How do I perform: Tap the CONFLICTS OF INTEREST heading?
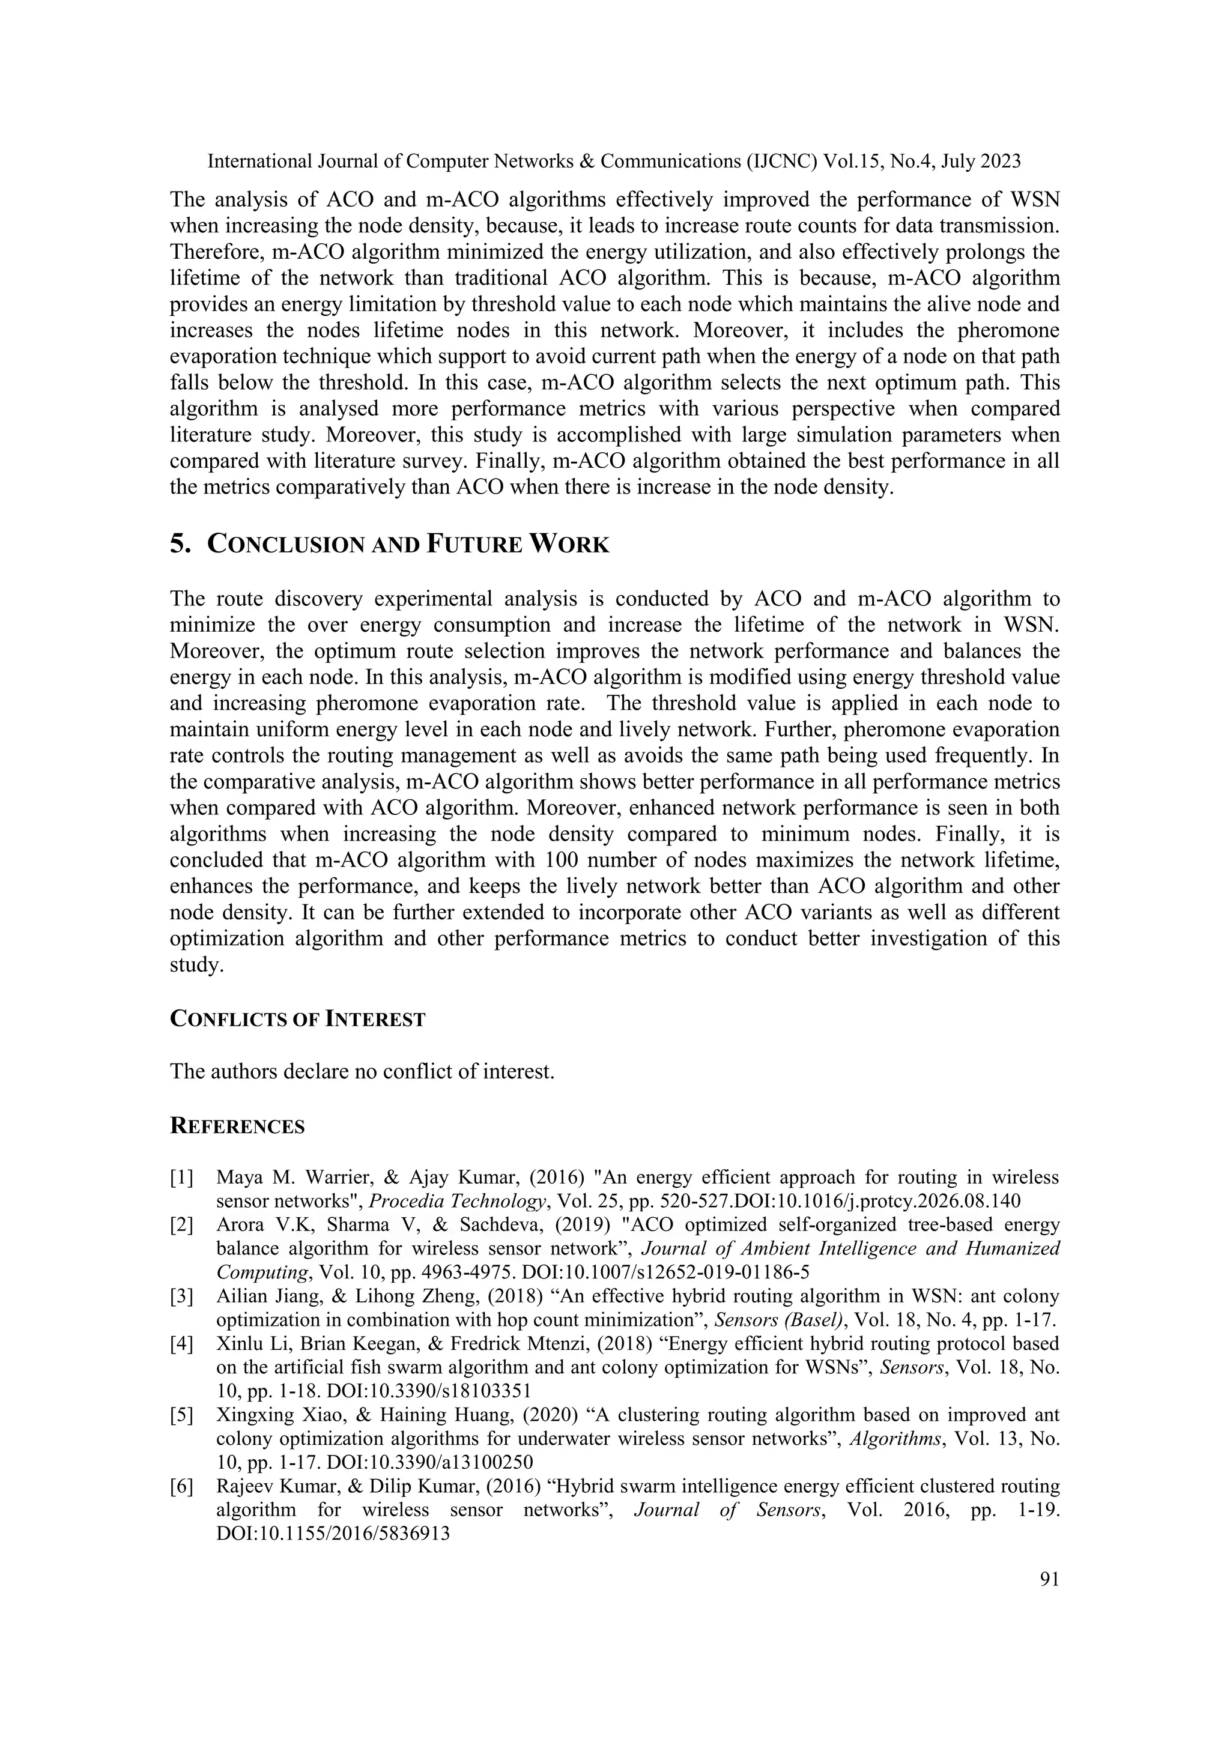[x=298, y=1020]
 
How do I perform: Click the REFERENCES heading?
[x=237, y=1127]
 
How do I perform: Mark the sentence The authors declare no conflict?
[x=362, y=1072]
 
